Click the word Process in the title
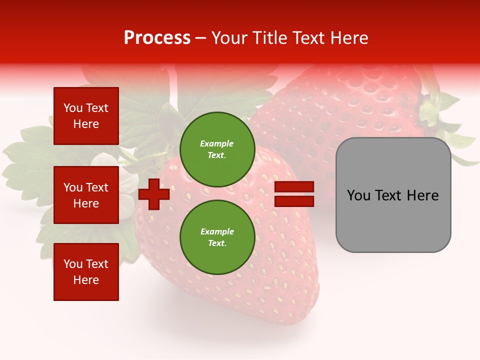click(157, 38)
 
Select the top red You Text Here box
click(86, 116)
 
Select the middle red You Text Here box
click(86, 195)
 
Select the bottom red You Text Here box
click(86, 272)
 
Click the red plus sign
click(154, 194)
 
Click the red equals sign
click(294, 194)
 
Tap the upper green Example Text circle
click(217, 149)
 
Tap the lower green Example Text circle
click(217, 237)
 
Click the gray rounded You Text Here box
click(393, 195)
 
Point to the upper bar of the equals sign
click(294, 187)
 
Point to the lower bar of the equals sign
click(294, 201)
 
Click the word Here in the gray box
click(423, 195)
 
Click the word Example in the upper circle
click(217, 143)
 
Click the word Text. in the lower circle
click(217, 243)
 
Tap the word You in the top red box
click(73, 108)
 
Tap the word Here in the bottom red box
click(86, 280)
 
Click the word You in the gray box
click(358, 195)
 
